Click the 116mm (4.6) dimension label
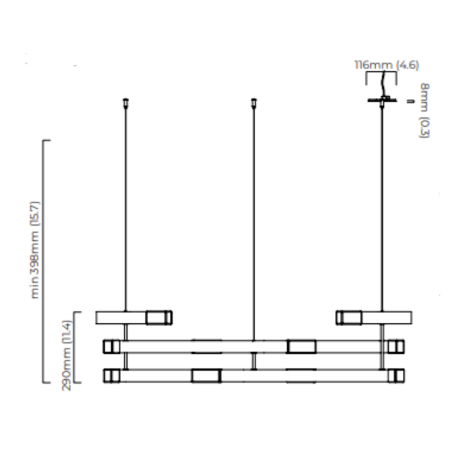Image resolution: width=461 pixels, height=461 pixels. [387, 65]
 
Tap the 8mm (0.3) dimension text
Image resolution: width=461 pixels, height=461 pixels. [424, 110]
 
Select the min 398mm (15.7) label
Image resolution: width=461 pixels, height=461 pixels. [35, 250]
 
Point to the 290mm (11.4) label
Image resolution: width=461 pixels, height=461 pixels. [66, 355]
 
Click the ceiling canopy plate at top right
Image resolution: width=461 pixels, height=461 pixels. [382, 100]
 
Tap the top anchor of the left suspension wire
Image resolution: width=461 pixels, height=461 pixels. [126, 103]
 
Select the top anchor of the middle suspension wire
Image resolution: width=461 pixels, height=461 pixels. [254, 103]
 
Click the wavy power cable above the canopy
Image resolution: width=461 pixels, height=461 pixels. [383, 84]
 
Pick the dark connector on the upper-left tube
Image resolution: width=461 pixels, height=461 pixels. [159, 318]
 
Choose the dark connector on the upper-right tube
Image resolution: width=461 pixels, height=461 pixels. [349, 318]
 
